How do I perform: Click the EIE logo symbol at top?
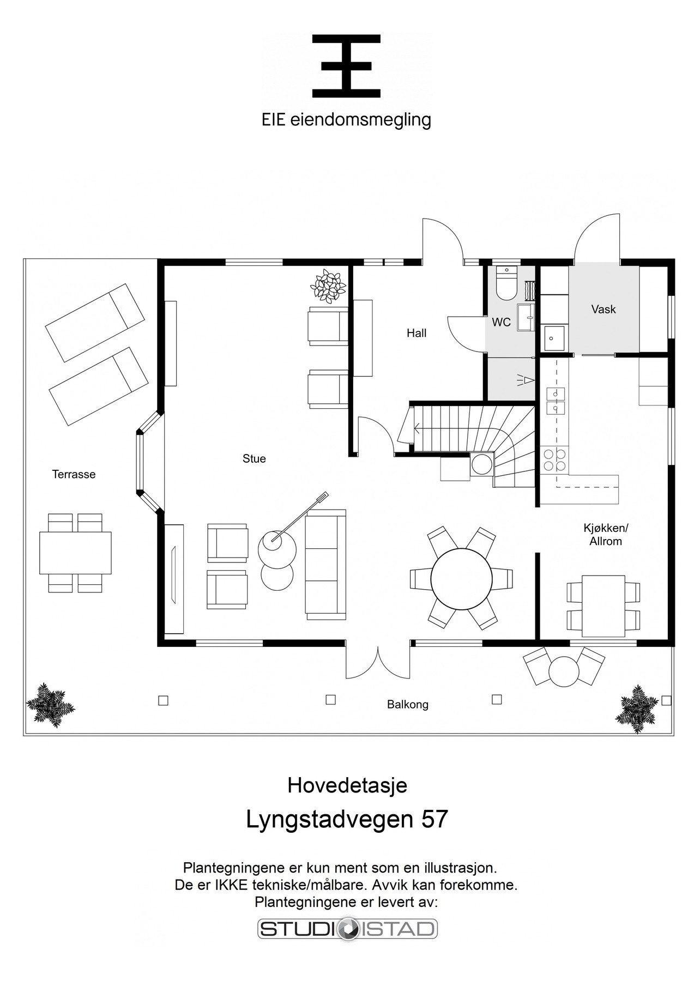346,66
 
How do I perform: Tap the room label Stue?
254,459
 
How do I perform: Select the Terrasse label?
74,474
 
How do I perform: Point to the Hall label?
417,333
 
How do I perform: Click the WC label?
501,323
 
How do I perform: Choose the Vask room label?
604,310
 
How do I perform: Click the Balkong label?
408,705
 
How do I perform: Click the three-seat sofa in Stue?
325,565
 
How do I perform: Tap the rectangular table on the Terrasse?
75,552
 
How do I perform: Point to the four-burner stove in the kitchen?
554,459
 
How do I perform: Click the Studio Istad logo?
347,929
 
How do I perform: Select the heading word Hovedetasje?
347,785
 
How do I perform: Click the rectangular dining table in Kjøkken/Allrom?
603,605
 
